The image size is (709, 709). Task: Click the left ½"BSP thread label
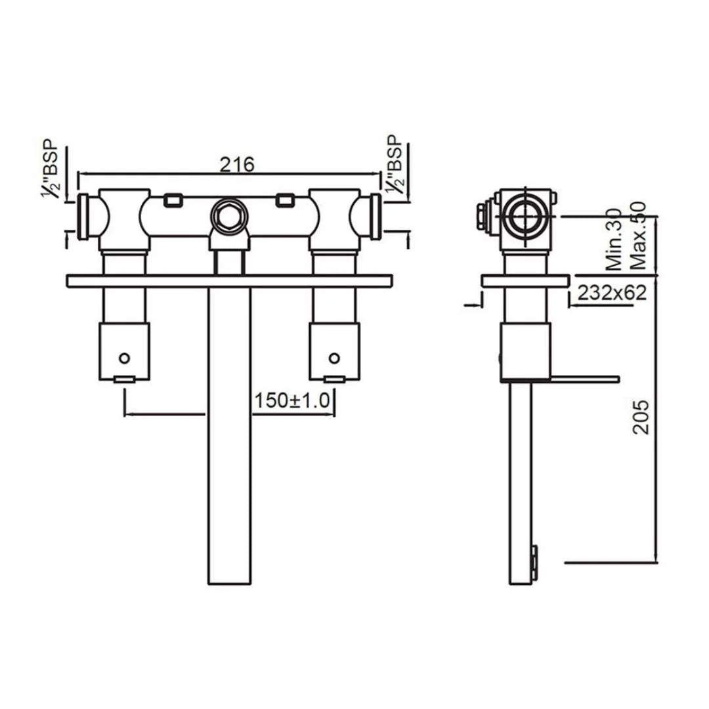coord(51,169)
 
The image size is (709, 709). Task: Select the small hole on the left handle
coord(124,358)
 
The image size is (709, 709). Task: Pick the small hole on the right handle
coord(335,358)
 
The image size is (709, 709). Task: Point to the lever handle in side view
coord(584,378)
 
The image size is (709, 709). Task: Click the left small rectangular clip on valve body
coord(173,200)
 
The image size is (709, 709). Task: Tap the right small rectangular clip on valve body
coord(286,200)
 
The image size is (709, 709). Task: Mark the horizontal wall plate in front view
coord(230,281)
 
